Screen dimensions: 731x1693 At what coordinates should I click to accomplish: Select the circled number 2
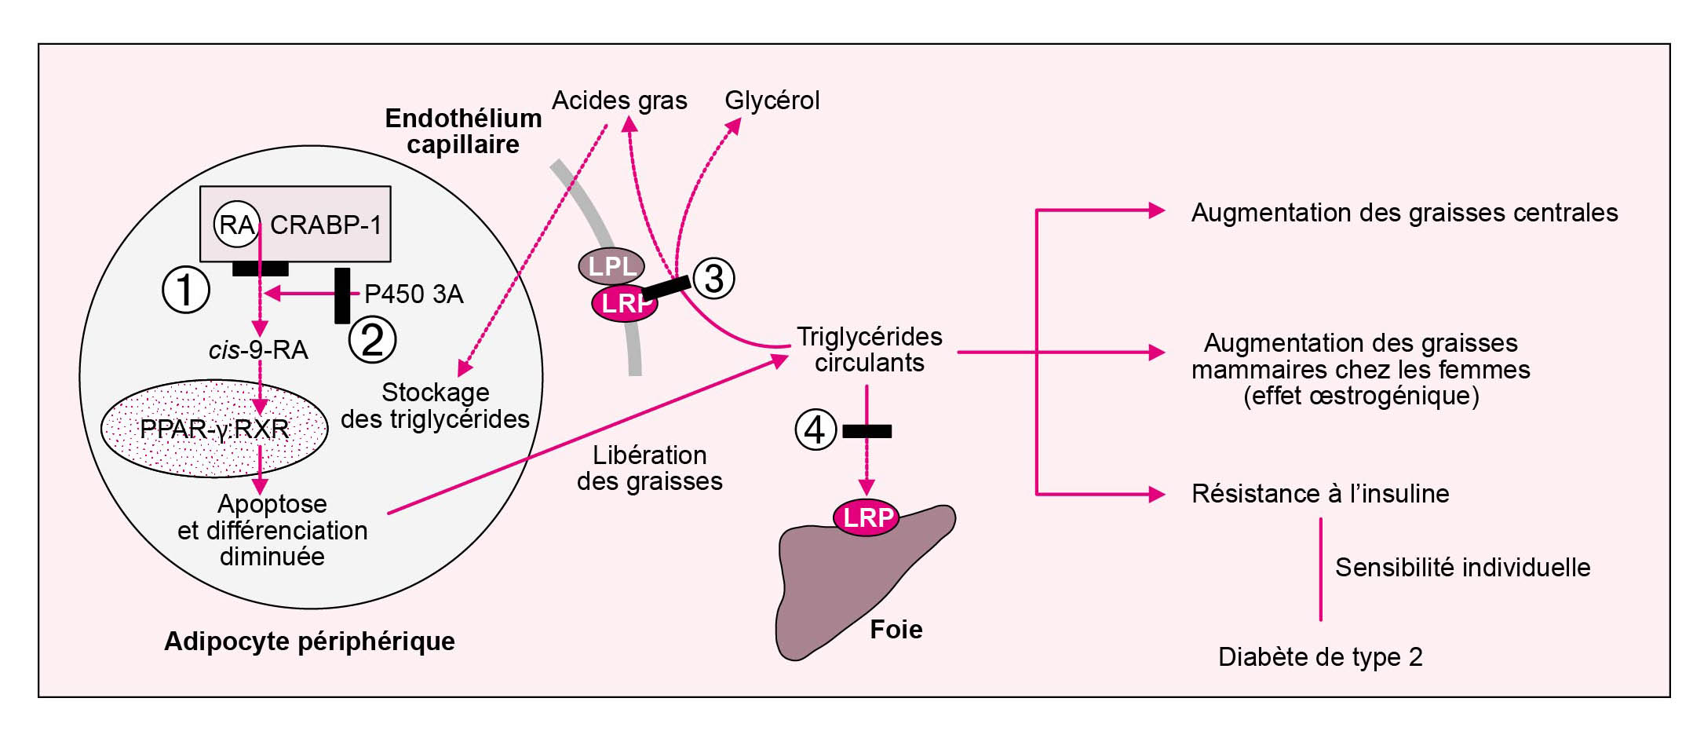tap(372, 340)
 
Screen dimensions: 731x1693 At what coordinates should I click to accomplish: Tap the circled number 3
tap(713, 278)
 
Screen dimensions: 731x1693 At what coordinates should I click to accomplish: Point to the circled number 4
tap(815, 429)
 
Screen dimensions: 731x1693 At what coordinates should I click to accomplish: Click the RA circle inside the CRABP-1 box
tap(236, 225)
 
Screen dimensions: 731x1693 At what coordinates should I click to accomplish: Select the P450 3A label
tap(414, 294)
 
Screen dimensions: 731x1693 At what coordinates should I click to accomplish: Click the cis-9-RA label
tap(258, 350)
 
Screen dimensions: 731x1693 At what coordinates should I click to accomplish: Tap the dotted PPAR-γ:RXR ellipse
tap(214, 429)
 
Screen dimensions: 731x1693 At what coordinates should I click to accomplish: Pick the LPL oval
tap(611, 266)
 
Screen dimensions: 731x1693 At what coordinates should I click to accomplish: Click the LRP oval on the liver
tap(867, 517)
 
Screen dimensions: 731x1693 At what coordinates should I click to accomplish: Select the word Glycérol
tap(772, 101)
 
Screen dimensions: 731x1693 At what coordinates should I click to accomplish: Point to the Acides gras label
tap(619, 101)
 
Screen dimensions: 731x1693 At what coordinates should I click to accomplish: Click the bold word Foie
tap(896, 630)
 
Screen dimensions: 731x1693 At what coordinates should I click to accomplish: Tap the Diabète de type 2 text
tap(1320, 656)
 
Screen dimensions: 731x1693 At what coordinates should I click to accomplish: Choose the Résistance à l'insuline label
tap(1320, 494)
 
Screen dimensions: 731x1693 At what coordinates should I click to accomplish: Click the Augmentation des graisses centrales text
tap(1404, 213)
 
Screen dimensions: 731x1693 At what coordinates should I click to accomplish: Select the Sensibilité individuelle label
tap(1462, 567)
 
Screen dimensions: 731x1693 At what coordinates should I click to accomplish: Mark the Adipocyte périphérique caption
tap(309, 641)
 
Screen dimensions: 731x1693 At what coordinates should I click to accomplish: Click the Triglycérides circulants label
tap(870, 349)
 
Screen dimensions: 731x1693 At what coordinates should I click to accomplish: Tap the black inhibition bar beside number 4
tap(867, 431)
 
